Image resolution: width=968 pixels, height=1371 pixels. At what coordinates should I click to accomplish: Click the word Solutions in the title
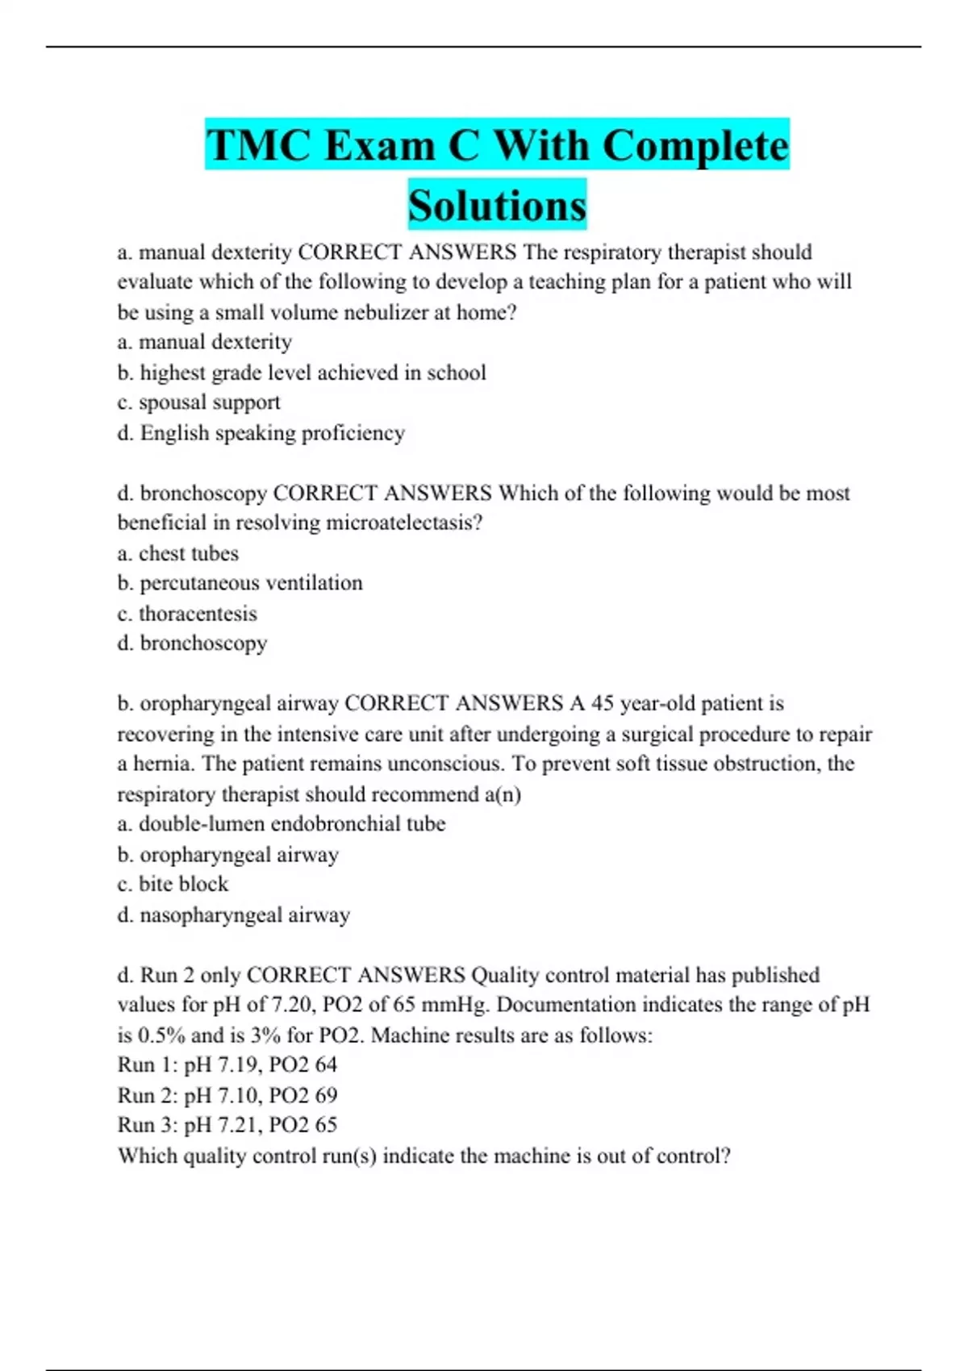[x=497, y=206]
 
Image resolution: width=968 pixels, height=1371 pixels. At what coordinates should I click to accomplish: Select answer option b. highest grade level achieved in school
[x=302, y=373]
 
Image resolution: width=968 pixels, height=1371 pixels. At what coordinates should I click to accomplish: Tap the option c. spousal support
[x=198, y=402]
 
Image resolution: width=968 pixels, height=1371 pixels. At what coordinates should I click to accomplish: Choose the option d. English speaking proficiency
[x=261, y=433]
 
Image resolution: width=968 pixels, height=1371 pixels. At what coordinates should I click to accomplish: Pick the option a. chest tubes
[x=178, y=553]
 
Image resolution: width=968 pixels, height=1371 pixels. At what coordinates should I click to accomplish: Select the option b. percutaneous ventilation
[x=240, y=583]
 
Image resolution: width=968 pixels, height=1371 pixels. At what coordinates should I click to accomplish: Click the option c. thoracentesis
[x=187, y=614]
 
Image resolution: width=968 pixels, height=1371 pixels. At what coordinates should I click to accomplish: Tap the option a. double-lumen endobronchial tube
[x=281, y=824]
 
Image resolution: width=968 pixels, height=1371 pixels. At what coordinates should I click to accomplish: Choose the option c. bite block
[x=173, y=884]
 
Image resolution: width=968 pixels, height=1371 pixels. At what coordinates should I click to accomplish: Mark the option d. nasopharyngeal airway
[x=233, y=915]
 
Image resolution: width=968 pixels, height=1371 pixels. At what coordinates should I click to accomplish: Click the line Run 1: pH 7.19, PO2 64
[x=227, y=1065]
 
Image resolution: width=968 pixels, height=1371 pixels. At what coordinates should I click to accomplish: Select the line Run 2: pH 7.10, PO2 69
[x=227, y=1095]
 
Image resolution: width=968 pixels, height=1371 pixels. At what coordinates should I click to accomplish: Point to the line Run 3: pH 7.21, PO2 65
[x=227, y=1125]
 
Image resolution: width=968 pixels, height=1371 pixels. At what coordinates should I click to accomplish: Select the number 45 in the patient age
[x=603, y=703]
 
